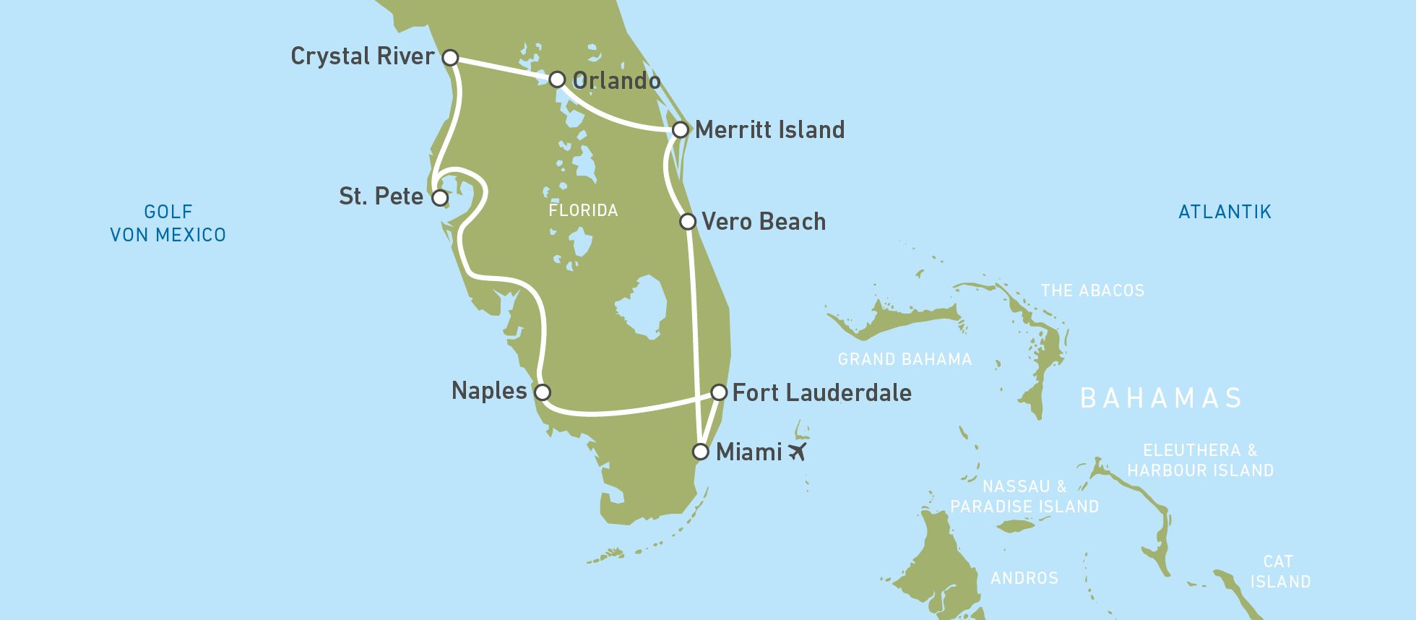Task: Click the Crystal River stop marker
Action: (450, 57)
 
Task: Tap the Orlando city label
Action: (616, 80)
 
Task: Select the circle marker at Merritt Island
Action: (680, 130)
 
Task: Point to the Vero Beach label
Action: (764, 221)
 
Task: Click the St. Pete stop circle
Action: (439, 197)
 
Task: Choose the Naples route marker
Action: (543, 392)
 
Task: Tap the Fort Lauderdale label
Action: (821, 392)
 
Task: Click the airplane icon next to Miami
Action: (797, 452)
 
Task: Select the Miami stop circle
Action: (700, 452)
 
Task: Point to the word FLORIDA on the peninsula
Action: (583, 210)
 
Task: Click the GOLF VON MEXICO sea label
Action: (168, 223)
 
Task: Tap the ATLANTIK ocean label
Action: (1225, 212)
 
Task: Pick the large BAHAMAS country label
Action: (1161, 398)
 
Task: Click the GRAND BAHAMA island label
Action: (905, 359)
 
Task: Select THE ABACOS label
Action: (1092, 290)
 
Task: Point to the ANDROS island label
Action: (1024, 578)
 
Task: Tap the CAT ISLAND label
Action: (1279, 572)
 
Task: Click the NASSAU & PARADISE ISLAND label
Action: (1024, 496)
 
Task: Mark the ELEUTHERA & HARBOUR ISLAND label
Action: (1200, 460)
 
